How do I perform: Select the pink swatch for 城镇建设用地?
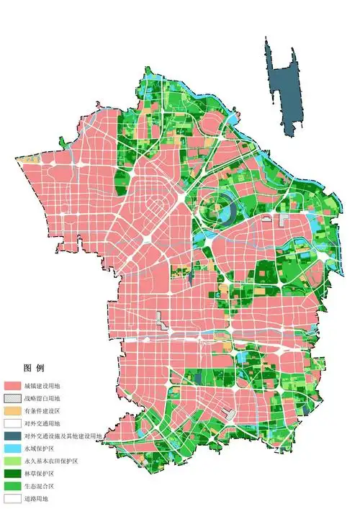[x=12, y=386]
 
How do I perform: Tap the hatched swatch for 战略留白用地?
[x=12, y=398]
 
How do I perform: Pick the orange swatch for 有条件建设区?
[x=12, y=410]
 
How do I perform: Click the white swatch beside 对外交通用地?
[x=12, y=423]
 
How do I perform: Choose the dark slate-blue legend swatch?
[x=12, y=436]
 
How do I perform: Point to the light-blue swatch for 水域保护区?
[x=12, y=448]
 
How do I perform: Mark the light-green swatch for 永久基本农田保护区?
[x=12, y=461]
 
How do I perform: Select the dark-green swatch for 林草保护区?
[x=12, y=473]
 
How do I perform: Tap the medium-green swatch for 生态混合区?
[x=12, y=485]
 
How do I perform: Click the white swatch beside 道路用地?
[x=12, y=497]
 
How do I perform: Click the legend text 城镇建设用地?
[x=42, y=386]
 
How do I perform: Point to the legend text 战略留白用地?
[x=42, y=398]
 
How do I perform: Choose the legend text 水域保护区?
[x=38, y=448]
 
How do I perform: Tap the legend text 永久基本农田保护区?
[x=48, y=461]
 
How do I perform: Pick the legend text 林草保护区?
[x=38, y=473]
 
